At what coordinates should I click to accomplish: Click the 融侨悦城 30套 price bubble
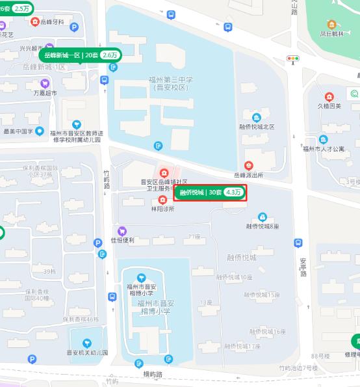tap(210, 193)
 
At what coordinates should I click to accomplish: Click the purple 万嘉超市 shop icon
tap(45, 83)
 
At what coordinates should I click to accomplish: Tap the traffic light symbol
tap(294, 59)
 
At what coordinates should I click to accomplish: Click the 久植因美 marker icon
tap(329, 96)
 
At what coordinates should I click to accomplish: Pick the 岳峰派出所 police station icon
tap(249, 166)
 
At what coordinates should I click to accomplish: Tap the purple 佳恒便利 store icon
tap(122, 231)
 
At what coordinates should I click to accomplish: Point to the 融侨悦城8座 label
tap(263, 226)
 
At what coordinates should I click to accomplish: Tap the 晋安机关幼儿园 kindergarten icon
tap(86, 343)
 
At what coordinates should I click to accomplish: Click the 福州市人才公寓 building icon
tap(322, 139)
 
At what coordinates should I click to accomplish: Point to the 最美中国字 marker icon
tap(40, 131)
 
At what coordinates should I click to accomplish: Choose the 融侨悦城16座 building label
tap(267, 332)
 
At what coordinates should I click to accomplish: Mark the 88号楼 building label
tap(321, 356)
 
